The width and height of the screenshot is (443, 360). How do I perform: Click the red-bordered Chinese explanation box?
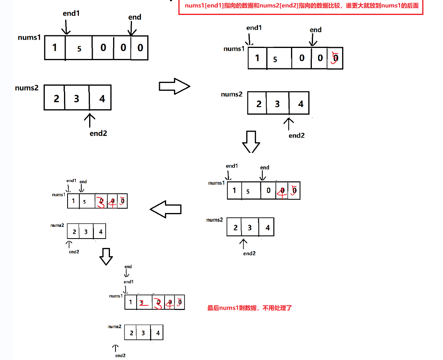(x=301, y=6)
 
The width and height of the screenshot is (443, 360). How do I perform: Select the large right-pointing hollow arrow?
(x=174, y=86)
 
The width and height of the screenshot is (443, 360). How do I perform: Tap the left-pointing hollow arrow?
(x=166, y=209)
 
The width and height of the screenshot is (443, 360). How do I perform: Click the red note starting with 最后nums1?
(x=250, y=308)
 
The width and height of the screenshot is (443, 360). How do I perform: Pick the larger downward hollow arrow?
(x=251, y=141)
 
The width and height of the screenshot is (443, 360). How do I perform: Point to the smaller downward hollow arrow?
(x=106, y=257)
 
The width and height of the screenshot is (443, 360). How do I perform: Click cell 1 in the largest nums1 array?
(x=55, y=48)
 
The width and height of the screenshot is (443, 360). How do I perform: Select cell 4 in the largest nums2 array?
(x=102, y=98)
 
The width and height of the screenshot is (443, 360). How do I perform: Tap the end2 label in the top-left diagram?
(x=98, y=133)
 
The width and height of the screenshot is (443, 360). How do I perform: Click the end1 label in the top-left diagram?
(x=71, y=13)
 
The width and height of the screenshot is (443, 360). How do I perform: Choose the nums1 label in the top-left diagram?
(x=29, y=38)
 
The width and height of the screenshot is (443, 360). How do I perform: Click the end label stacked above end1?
(x=128, y=267)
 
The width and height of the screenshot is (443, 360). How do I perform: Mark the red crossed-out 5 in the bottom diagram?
(x=143, y=303)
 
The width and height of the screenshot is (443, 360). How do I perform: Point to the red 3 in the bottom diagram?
(x=158, y=303)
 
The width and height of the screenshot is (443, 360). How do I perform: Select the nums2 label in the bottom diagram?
(x=114, y=327)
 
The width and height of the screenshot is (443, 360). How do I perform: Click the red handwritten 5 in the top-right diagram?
(x=335, y=58)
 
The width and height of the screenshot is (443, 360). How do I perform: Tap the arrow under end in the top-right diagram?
(x=313, y=40)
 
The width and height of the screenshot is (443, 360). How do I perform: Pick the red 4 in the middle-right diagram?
(x=281, y=191)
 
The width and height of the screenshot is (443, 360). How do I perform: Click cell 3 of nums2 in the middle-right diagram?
(x=250, y=228)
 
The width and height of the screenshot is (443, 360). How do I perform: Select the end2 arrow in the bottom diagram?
(x=115, y=348)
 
